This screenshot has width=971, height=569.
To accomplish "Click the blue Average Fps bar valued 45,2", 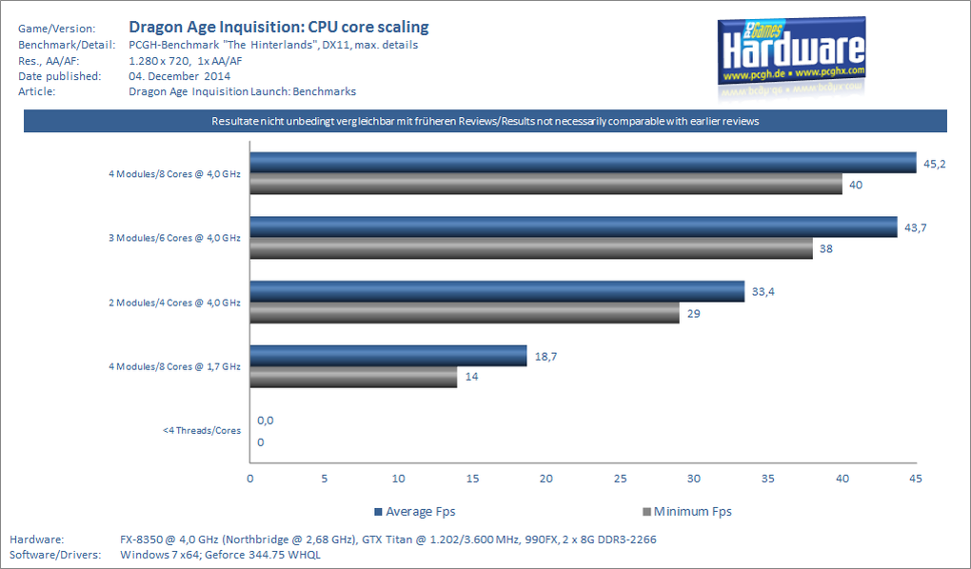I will pos(583,163).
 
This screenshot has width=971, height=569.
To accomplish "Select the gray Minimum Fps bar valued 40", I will pos(545,185).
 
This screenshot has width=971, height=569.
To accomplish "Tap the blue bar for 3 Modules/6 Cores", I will pos(573,226).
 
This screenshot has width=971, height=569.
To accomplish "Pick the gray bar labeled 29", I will pos(465,313).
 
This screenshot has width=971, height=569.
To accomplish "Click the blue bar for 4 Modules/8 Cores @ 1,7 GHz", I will pos(388,356).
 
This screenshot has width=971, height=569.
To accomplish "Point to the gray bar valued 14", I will pos(353,378).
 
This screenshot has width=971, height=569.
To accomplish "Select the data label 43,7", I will pos(917,227).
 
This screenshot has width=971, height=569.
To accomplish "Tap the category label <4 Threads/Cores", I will pos(202,431).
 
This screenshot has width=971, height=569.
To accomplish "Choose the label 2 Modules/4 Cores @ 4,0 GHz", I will pos(174,303).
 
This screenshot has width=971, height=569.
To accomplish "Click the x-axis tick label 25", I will pos(620,479).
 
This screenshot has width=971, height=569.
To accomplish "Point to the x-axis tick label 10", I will pos(398,479).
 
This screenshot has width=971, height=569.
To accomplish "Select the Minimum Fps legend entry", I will pos(688,511).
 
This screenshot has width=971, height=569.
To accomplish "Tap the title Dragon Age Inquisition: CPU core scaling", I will pos(278,27).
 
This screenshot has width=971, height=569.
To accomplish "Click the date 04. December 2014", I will pos(179,76).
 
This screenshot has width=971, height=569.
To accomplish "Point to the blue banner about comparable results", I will pos(485,121).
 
